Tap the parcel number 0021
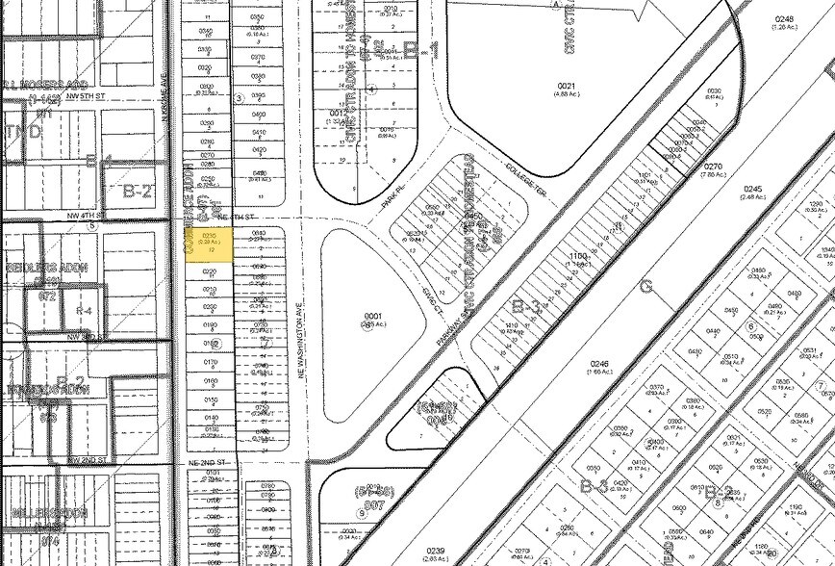(x=565, y=87)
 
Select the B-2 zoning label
(x=138, y=191)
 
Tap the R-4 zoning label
(x=84, y=312)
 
